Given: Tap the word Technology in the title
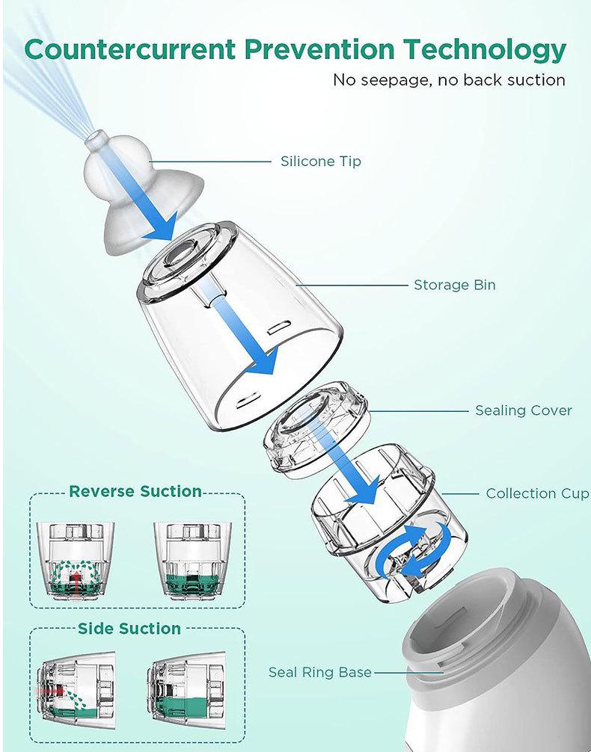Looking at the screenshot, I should pyautogui.click(x=486, y=50).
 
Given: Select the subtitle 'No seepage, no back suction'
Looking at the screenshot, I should pyautogui.click(x=449, y=80).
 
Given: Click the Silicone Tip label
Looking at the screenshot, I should pyautogui.click(x=320, y=161).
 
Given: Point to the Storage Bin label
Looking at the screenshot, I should pyautogui.click(x=454, y=285).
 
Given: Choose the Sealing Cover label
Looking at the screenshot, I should pyautogui.click(x=524, y=410).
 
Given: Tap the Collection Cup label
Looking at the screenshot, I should pyautogui.click(x=537, y=493).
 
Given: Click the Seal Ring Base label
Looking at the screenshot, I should pyautogui.click(x=319, y=672).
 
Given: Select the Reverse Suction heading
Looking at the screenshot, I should pyautogui.click(x=135, y=491).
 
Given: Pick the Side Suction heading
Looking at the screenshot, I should pyautogui.click(x=129, y=629).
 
